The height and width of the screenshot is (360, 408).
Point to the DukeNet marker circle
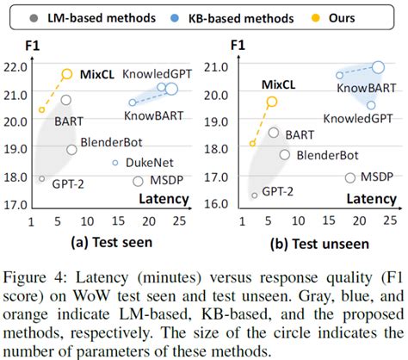pos(115,162)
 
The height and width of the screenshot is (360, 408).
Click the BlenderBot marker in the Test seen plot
pos(72,149)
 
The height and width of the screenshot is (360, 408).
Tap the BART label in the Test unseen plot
pos(300,134)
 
